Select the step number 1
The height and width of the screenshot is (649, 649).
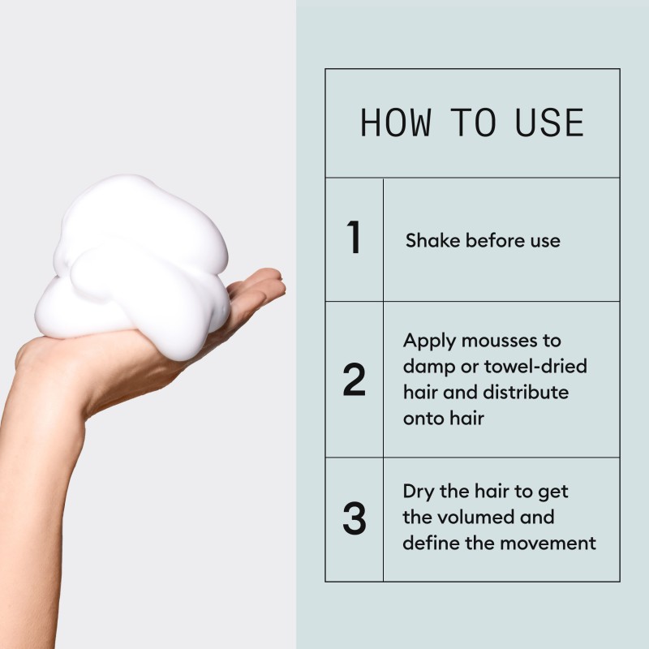(x=353, y=239)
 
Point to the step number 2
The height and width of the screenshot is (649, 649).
(x=354, y=380)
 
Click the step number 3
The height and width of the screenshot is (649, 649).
(x=354, y=519)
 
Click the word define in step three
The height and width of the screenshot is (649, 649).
(x=430, y=543)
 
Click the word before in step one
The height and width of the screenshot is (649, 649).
(x=495, y=241)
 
